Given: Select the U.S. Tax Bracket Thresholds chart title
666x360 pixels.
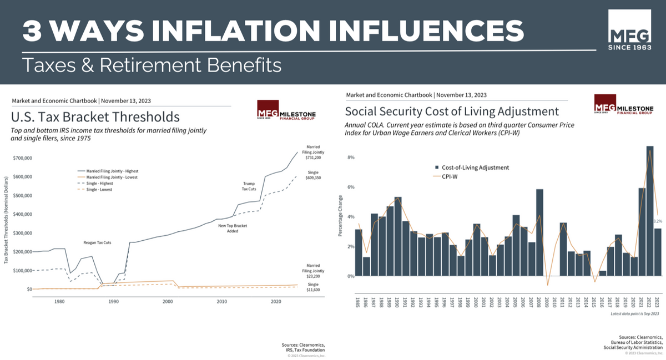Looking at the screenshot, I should pyautogui.click(x=95, y=117).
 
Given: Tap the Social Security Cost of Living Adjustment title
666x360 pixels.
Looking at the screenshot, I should pyautogui.click(x=451, y=110).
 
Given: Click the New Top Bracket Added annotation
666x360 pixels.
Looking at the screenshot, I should pyautogui.click(x=232, y=228).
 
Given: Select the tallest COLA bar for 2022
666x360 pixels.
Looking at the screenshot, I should pyautogui.click(x=649, y=211).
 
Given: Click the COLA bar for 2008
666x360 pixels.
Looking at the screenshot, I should pyautogui.click(x=539, y=232).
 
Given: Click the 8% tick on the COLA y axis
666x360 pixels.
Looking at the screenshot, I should pyautogui.click(x=350, y=158).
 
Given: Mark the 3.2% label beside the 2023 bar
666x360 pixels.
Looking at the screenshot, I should pyautogui.click(x=658, y=221).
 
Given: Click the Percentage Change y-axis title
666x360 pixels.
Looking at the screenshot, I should pyautogui.click(x=340, y=216).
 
